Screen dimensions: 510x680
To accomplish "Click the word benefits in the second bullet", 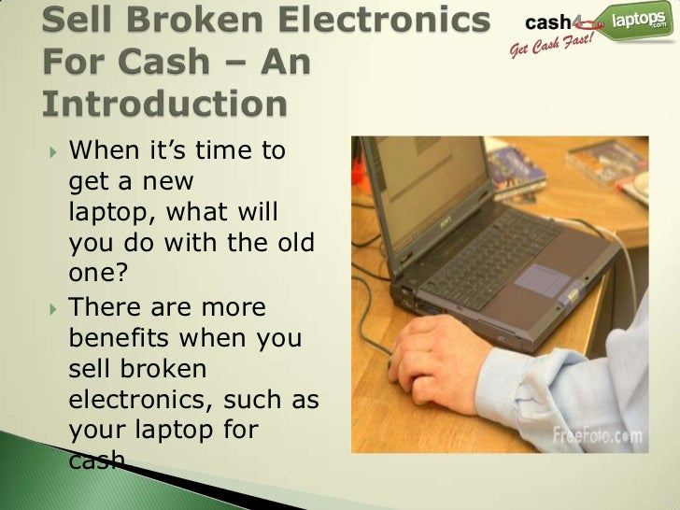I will [124, 338].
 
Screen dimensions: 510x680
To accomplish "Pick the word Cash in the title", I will [124, 62].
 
